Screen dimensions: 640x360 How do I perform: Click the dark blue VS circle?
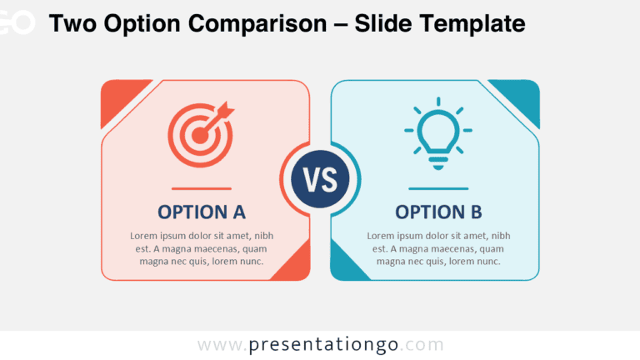click(320, 179)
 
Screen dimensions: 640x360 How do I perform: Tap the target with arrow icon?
click(201, 134)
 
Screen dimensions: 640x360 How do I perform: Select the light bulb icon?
click(438, 133)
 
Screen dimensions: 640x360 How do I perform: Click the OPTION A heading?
click(202, 212)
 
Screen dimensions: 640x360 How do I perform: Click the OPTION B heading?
click(438, 212)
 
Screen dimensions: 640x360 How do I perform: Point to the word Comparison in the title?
click(257, 23)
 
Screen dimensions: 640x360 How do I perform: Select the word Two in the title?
click(72, 23)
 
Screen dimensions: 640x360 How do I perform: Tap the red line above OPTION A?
click(201, 188)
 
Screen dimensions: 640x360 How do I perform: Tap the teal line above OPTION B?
click(438, 188)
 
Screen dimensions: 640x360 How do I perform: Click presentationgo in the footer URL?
click(323, 345)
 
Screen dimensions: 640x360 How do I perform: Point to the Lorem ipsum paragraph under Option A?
click(202, 248)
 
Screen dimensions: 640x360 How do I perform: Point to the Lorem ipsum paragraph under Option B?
click(438, 248)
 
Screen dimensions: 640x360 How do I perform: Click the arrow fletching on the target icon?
click(226, 109)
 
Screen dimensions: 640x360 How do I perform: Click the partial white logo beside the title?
click(17, 22)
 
